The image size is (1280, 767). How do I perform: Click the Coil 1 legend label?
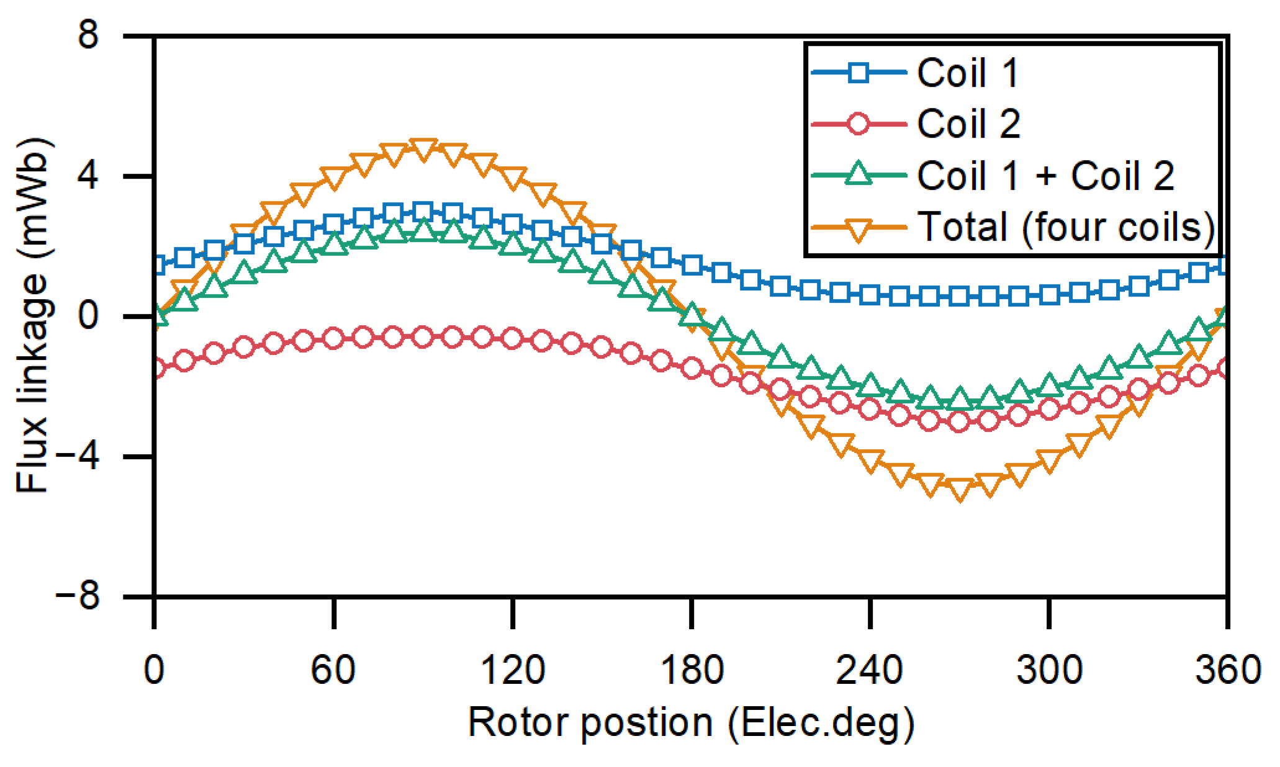(968, 73)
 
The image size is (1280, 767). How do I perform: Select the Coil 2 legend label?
(968, 123)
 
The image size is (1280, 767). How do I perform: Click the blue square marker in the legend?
(858, 73)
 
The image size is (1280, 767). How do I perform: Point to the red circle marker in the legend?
(858, 123)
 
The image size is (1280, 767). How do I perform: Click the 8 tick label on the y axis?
(89, 35)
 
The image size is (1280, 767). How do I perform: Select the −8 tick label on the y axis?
(77, 597)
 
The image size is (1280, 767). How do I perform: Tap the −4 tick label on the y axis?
(77, 457)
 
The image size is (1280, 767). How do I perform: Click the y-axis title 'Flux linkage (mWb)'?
(32, 316)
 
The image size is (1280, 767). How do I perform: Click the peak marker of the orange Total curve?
(423, 149)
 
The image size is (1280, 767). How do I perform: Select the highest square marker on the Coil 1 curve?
(423, 212)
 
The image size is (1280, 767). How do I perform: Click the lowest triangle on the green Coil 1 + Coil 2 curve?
(959, 398)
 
